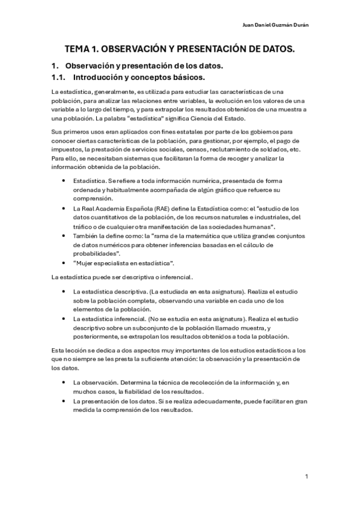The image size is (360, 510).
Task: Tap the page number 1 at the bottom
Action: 307,477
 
